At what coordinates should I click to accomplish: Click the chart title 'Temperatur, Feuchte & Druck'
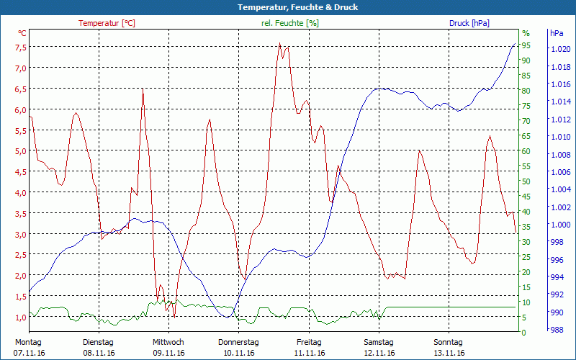click(287, 7)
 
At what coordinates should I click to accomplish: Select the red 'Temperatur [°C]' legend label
click(107, 23)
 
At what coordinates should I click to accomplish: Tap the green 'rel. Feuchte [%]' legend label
click(290, 23)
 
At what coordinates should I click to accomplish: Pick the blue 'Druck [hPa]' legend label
click(469, 23)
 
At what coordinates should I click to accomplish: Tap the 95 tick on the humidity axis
click(526, 45)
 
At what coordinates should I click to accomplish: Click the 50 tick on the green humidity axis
click(526, 181)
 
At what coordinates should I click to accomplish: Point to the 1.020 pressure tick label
click(560, 49)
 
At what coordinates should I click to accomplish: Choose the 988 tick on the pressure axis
click(557, 330)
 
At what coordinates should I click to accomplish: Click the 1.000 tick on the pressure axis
click(560, 225)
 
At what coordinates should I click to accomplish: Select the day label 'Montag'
click(28, 342)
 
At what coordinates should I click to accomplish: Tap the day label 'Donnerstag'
click(238, 342)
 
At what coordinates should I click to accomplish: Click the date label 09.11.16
click(168, 353)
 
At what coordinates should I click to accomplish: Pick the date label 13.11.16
click(449, 353)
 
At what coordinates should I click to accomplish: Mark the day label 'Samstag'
click(379, 342)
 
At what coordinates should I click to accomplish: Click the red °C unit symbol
click(22, 33)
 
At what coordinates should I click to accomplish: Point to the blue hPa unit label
click(557, 33)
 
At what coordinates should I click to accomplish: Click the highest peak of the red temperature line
click(279, 43)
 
